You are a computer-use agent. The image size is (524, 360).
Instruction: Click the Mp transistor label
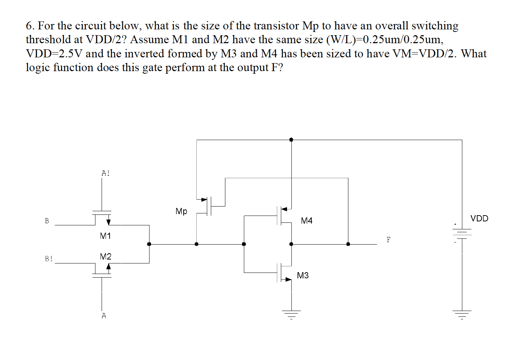181,211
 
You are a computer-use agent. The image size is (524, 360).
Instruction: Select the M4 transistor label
307,221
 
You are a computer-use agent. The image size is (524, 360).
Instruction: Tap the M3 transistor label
303,275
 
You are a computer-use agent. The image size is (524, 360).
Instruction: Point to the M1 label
105,236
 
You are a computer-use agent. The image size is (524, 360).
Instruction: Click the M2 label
106,257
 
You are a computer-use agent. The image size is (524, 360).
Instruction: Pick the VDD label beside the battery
479,218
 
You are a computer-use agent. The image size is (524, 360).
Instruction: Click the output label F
388,240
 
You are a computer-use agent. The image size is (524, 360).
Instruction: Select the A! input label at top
105,173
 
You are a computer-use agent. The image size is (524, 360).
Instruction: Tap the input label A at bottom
104,316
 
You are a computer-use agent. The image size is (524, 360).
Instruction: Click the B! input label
49,259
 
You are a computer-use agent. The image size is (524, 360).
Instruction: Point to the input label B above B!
47,221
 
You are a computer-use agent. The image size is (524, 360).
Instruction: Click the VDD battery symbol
462,234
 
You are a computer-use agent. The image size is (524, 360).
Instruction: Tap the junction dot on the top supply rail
291,139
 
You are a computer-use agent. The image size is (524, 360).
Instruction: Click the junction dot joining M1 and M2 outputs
149,244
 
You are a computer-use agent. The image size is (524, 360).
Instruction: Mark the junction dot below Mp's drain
196,244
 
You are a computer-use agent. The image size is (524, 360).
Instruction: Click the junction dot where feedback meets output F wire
348,244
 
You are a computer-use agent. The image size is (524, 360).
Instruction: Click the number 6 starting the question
29,26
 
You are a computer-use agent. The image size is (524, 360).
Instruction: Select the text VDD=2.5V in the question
54,54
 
